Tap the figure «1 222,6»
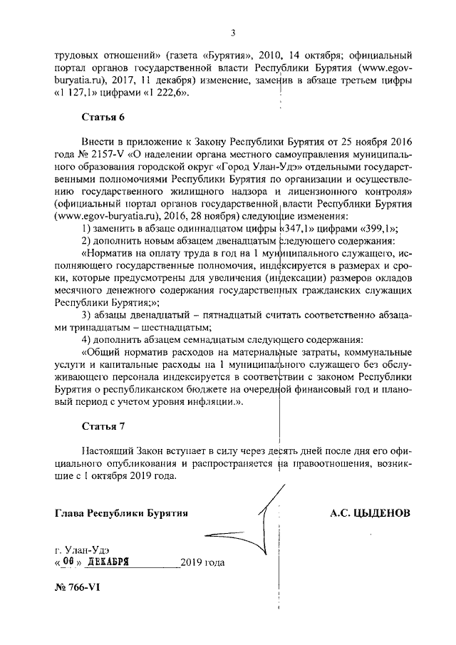pyautogui.click(x=161, y=92)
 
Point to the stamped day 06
pyautogui.click(x=68, y=561)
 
